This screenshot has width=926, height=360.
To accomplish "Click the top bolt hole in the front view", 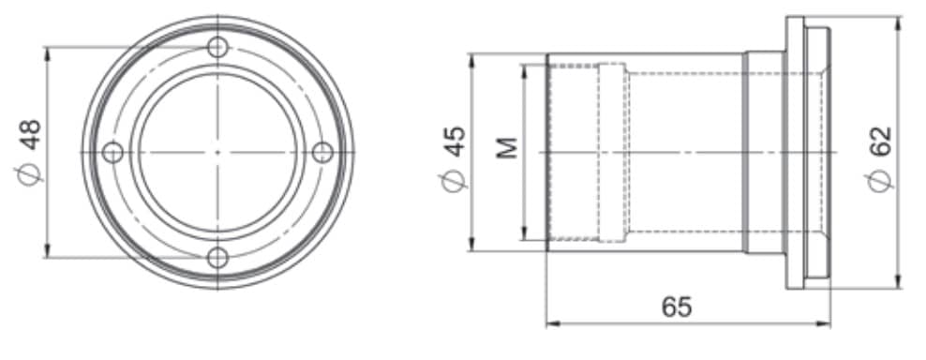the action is (218, 47).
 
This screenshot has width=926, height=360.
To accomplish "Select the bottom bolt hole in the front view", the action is (218, 258).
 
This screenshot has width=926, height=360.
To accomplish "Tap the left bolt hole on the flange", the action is (112, 153).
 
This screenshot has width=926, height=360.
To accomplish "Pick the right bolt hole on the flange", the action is (322, 153).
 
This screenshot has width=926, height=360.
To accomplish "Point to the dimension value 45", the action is (456, 142).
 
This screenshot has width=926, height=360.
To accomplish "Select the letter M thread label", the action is (507, 148).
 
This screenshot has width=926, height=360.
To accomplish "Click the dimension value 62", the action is (880, 142).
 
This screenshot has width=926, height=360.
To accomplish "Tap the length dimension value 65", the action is (676, 307).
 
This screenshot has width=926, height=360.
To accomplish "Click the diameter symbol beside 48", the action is (28, 173).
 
